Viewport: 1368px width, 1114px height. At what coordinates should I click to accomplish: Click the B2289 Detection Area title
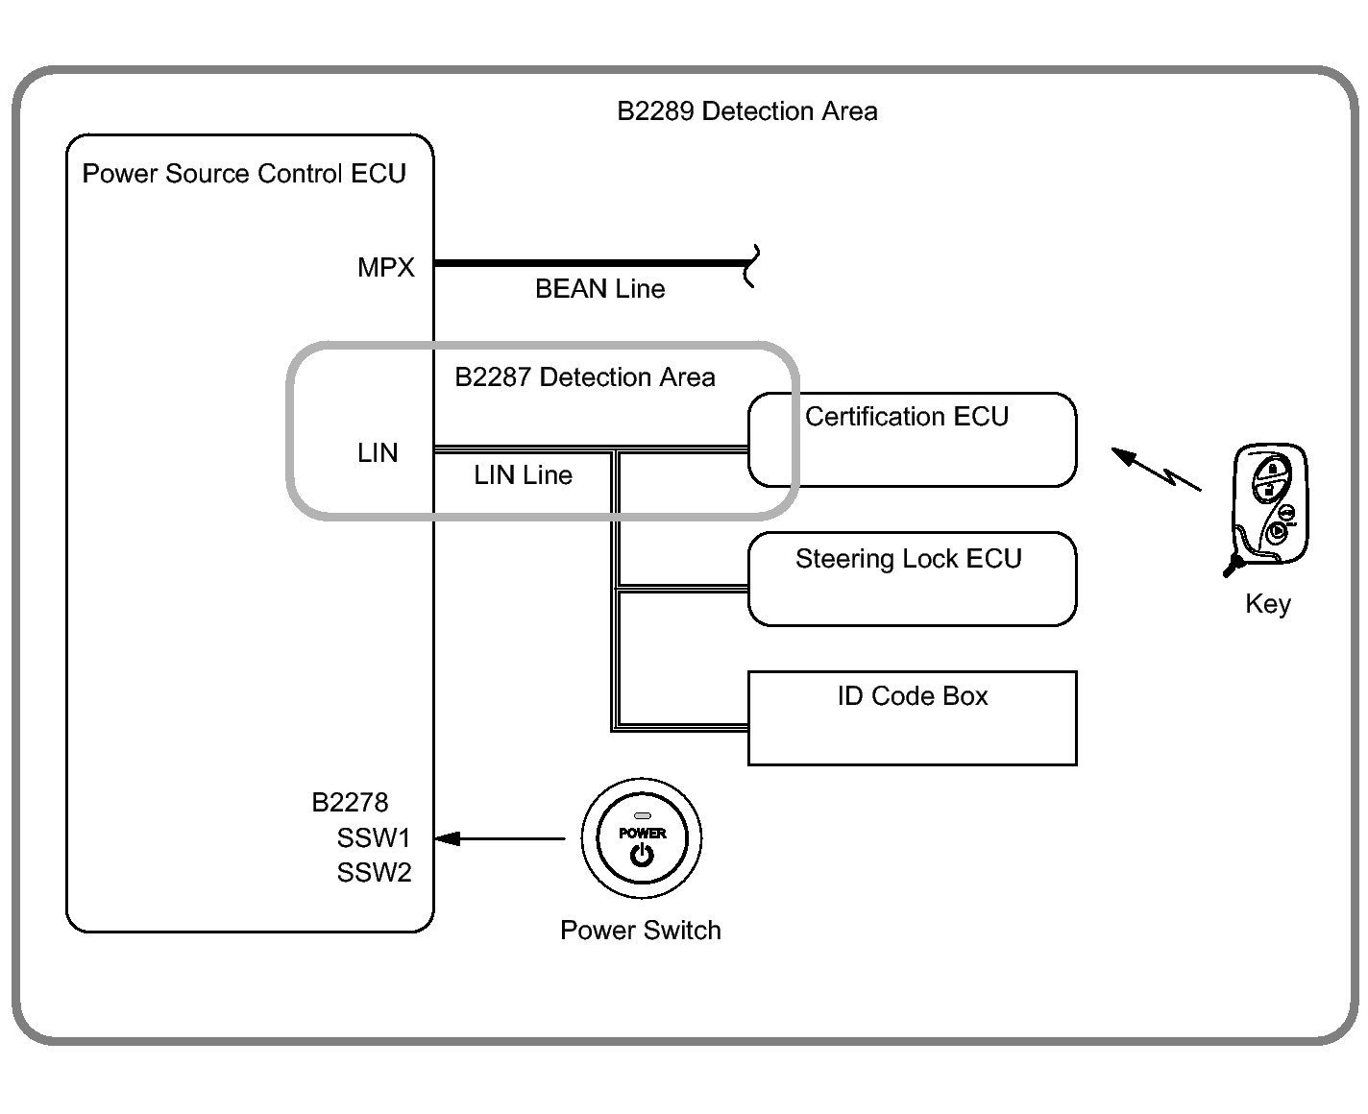pyautogui.click(x=747, y=111)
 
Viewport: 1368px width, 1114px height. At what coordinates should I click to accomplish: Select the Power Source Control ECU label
pyautogui.click(x=244, y=174)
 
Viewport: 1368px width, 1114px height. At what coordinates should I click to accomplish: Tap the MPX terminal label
pyautogui.click(x=385, y=267)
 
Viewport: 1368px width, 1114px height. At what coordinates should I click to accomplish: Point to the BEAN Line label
pyautogui.click(x=599, y=289)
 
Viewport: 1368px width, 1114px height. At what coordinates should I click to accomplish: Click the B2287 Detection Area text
pyautogui.click(x=584, y=376)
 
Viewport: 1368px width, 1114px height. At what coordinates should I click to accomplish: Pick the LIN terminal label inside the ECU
pyautogui.click(x=378, y=452)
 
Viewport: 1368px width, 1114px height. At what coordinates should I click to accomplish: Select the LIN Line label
pyautogui.click(x=523, y=475)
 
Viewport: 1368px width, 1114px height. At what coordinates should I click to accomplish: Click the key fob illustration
pyautogui.click(x=1268, y=507)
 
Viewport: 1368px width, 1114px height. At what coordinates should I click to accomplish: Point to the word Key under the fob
pyautogui.click(x=1268, y=604)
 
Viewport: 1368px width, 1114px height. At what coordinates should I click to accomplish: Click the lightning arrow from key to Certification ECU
pyautogui.click(x=1156, y=469)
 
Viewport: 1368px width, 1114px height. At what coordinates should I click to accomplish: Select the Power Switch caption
pyautogui.click(x=641, y=931)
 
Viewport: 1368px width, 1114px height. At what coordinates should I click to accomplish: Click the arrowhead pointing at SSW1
pyautogui.click(x=447, y=838)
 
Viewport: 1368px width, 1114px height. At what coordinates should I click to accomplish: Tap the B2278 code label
pyautogui.click(x=350, y=803)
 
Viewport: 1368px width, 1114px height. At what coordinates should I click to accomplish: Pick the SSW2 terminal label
pyautogui.click(x=374, y=873)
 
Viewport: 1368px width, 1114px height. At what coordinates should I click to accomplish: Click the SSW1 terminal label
pyautogui.click(x=373, y=838)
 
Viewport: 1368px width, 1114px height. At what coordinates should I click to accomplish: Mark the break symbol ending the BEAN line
pyautogui.click(x=751, y=266)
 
